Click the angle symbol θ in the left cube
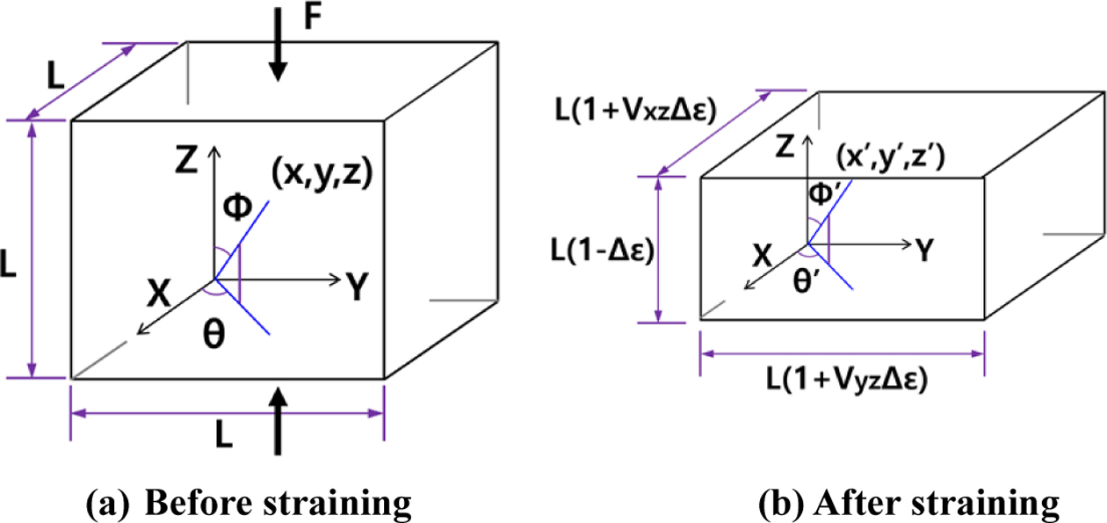(213, 338)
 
